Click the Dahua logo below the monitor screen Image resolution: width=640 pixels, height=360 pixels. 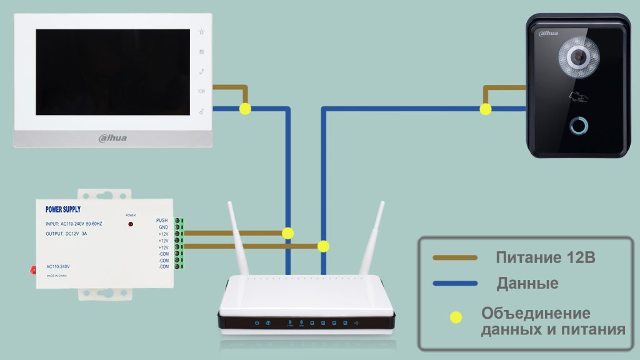pyautogui.click(x=112, y=137)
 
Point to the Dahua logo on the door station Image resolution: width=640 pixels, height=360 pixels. pyautogui.click(x=547, y=33)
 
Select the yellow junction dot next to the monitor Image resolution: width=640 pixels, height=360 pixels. pyautogui.click(x=245, y=109)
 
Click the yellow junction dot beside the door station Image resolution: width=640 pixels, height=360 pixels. pyautogui.click(x=485, y=109)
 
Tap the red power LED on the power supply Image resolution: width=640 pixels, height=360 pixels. pyautogui.click(x=131, y=223)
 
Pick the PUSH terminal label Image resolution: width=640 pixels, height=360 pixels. pyautogui.click(x=162, y=221)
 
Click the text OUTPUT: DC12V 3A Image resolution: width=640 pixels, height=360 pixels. pyautogui.click(x=67, y=233)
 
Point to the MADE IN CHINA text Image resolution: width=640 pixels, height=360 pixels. pyautogui.click(x=57, y=275)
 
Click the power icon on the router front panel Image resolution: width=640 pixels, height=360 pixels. pyautogui.click(x=257, y=323)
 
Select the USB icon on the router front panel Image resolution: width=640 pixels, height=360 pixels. pyautogui.click(x=356, y=323)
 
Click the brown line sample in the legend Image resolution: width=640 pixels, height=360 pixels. pyautogui.click(x=455, y=257)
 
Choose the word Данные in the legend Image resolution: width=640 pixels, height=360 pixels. pyautogui.click(x=527, y=284)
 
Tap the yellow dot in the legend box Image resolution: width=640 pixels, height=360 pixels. pyautogui.click(x=456, y=317)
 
